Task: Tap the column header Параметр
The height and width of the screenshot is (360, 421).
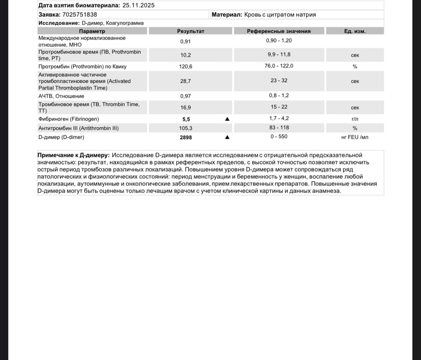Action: pyautogui.click(x=92, y=31)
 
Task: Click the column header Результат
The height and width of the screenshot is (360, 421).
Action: pyautogui.click(x=191, y=31)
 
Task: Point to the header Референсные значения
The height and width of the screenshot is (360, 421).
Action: pyautogui.click(x=279, y=31)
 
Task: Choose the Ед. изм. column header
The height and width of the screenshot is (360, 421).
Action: pyautogui.click(x=355, y=31)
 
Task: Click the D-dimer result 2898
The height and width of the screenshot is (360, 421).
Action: pyautogui.click(x=186, y=137)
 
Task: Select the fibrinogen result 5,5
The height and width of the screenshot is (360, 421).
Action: pyautogui.click(x=186, y=119)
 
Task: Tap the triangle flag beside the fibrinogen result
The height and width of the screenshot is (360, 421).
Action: pyautogui.click(x=227, y=119)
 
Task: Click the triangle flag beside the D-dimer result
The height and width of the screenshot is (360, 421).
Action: pyautogui.click(x=227, y=137)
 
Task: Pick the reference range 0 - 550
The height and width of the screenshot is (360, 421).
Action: pyautogui.click(x=279, y=137)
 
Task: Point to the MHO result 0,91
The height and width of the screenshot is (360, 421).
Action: pyautogui.click(x=186, y=41)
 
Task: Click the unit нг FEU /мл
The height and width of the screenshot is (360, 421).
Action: pyautogui.click(x=355, y=137)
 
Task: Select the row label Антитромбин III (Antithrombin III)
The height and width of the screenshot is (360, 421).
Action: pyautogui.click(x=78, y=128)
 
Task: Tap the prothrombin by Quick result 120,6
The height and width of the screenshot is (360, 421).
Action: pyautogui.click(x=186, y=66)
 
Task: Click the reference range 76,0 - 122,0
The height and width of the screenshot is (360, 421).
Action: pyautogui.click(x=279, y=66)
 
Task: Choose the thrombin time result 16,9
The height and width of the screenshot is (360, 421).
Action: pyautogui.click(x=186, y=107)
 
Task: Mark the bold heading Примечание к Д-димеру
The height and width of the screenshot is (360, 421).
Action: pyautogui.click(x=74, y=155)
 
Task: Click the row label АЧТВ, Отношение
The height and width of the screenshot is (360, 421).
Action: pyautogui.click(x=61, y=96)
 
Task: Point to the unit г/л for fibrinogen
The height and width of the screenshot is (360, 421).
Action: pyautogui.click(x=355, y=119)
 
